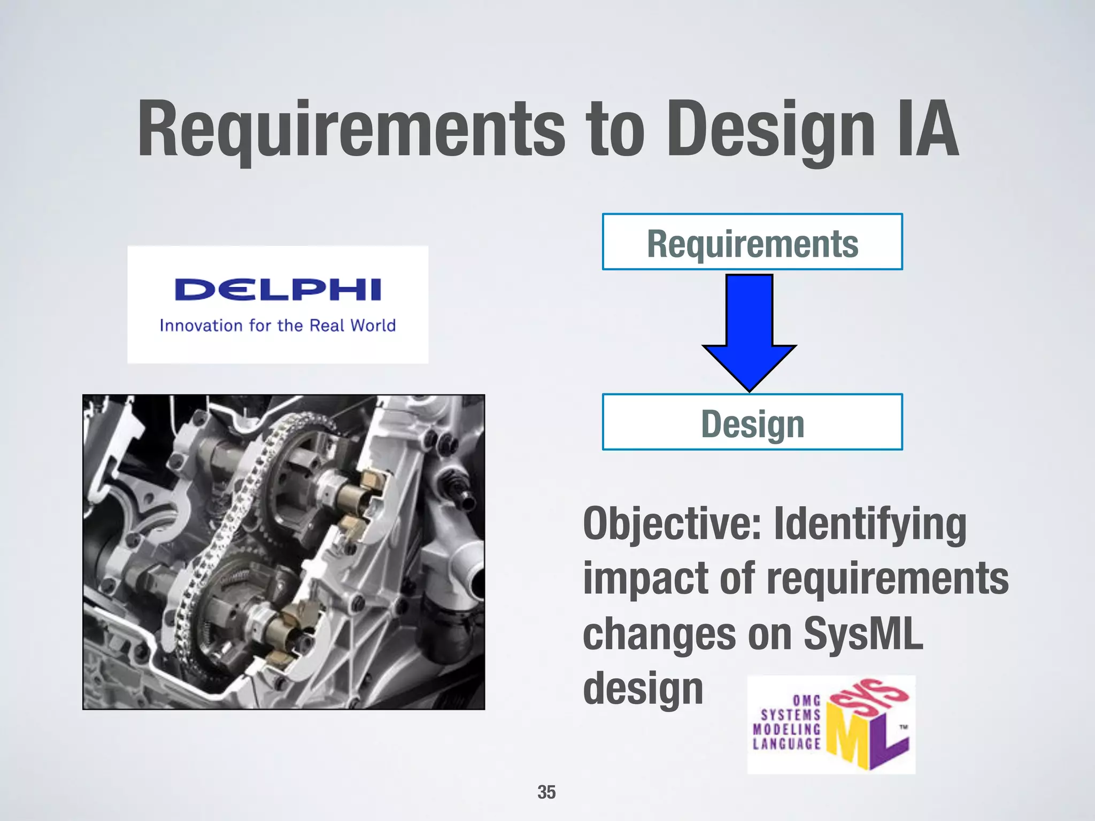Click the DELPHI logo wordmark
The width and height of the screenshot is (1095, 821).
[277, 290]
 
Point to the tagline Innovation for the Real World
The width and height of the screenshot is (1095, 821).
[277, 326]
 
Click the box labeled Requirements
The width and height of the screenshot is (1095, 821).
[752, 242]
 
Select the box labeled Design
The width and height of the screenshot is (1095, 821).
[752, 422]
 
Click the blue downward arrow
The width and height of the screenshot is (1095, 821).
[749, 331]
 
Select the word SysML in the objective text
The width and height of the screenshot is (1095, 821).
[863, 634]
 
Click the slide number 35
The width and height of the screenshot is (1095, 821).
[546, 792]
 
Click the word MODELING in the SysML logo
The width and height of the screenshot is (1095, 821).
[786, 729]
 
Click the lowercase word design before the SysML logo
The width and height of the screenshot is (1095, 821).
[643, 689]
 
